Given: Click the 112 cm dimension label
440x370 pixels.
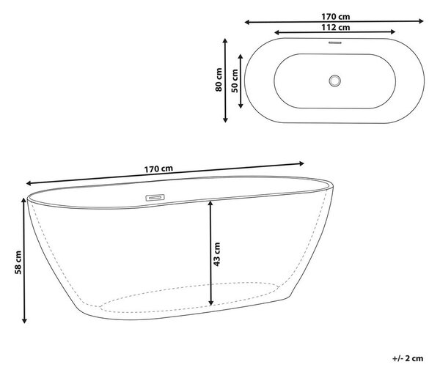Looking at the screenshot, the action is pos(336,27).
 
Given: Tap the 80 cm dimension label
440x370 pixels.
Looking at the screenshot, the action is pos(219,80).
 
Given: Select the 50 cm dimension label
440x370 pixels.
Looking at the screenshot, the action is pos(235,81).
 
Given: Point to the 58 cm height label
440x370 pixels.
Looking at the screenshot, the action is pos(18,262).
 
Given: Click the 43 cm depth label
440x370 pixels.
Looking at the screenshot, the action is pos(216,254).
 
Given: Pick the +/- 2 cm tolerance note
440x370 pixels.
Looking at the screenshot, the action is pos(408,358).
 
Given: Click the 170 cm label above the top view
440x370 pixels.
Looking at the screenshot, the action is pos(336,17).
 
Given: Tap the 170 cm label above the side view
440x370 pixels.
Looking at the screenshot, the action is pos(158,169).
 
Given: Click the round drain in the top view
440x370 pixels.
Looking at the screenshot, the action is pos(335,81).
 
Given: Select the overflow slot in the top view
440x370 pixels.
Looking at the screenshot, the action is pos(335,43).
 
